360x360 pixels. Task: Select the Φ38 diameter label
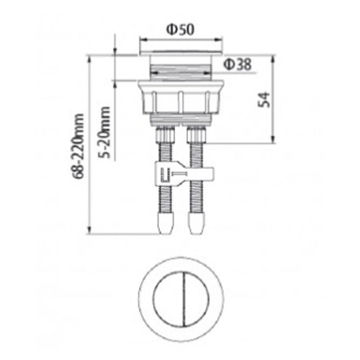tap(236, 63)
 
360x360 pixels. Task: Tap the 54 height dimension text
tap(265, 98)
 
